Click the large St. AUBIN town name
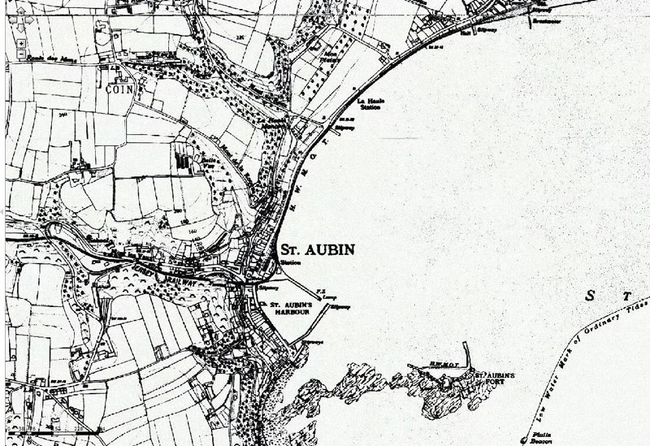(x=317, y=249)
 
